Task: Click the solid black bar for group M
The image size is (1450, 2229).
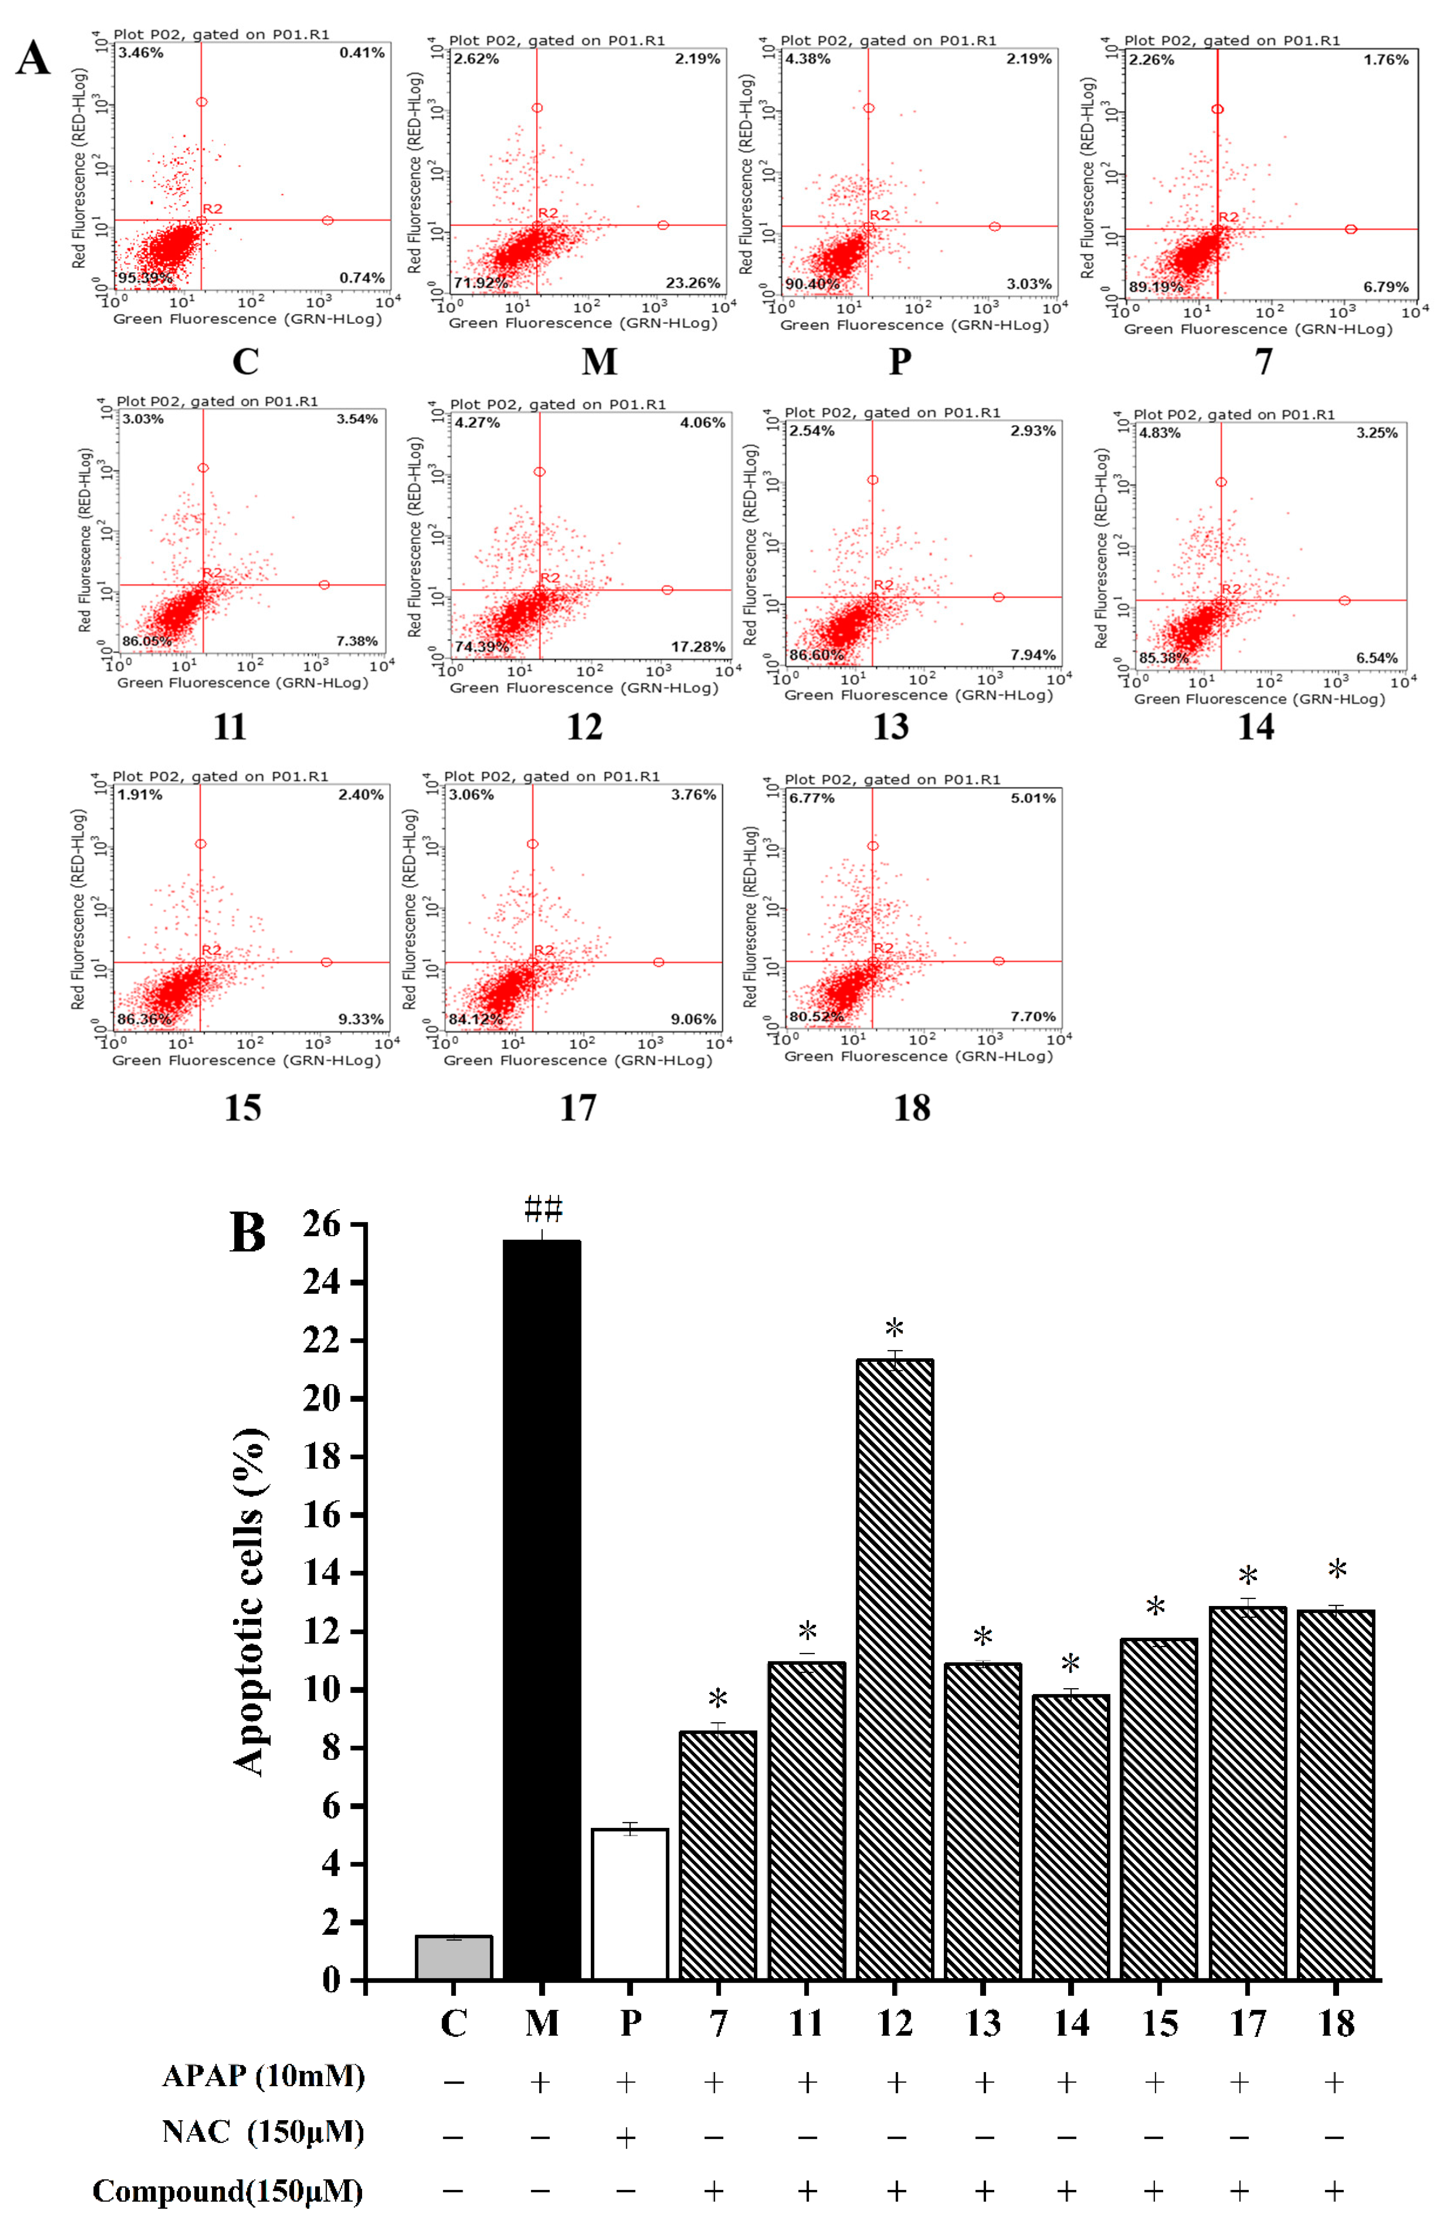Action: (x=541, y=1611)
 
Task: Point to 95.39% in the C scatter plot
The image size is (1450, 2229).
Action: (x=145, y=278)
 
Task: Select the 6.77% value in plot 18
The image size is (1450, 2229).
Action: (x=811, y=798)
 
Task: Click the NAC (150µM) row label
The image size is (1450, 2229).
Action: (x=262, y=2133)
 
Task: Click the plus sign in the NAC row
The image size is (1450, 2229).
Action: (x=626, y=2137)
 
